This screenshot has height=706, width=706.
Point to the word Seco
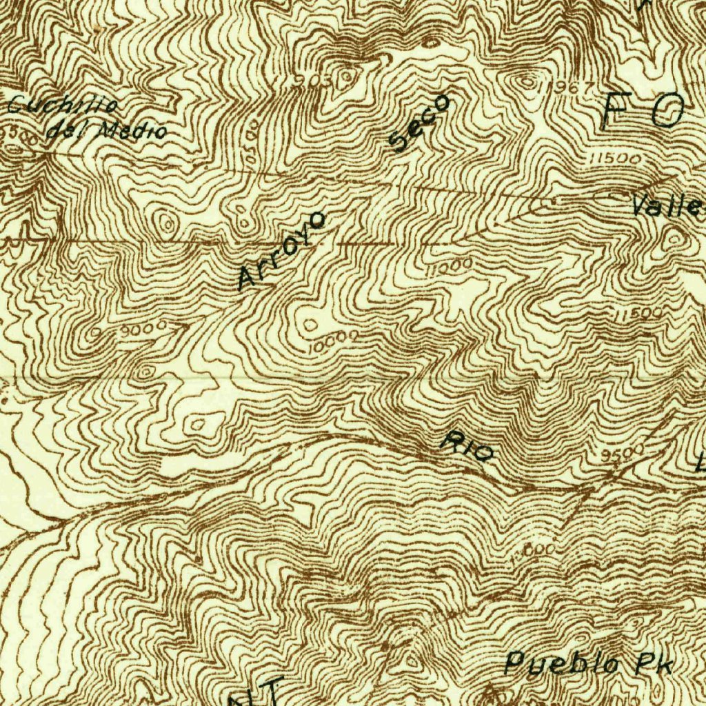coord(419,122)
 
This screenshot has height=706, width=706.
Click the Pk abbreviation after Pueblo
coord(652,665)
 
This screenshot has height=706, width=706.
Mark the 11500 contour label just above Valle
coord(616,159)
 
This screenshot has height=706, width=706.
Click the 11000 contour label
coord(449,268)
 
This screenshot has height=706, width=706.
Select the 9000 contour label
coord(143,329)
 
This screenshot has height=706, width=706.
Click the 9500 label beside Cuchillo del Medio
coord(19,134)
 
